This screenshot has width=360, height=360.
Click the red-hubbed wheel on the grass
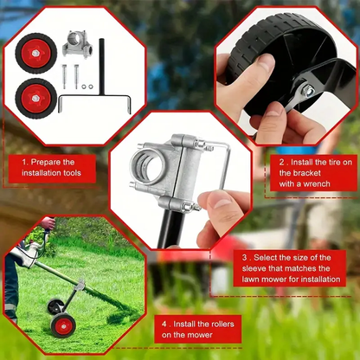63,325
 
